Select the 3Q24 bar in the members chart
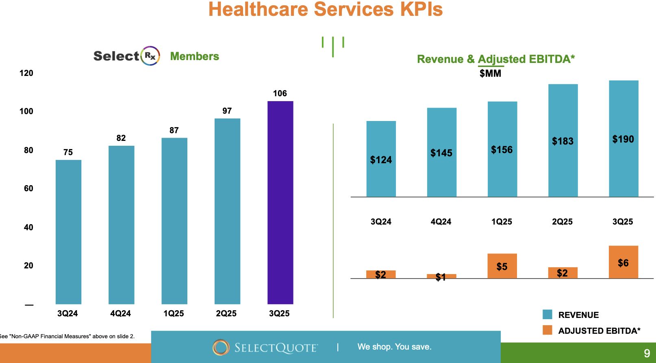click(68, 231)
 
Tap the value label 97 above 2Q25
click(227, 111)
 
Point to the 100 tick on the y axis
click(26, 111)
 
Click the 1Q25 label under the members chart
click(174, 313)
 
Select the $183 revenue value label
click(563, 141)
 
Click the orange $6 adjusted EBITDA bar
click(623, 262)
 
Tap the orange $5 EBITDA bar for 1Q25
click(502, 266)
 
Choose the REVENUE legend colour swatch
click(547, 315)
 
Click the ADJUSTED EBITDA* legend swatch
click(547, 330)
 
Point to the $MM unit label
click(490, 73)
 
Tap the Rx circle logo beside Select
click(150, 56)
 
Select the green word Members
click(194, 56)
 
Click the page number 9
click(647, 353)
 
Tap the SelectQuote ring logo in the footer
click(221, 347)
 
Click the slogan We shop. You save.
click(394, 347)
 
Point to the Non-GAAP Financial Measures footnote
click(67, 336)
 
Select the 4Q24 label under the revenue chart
click(441, 222)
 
